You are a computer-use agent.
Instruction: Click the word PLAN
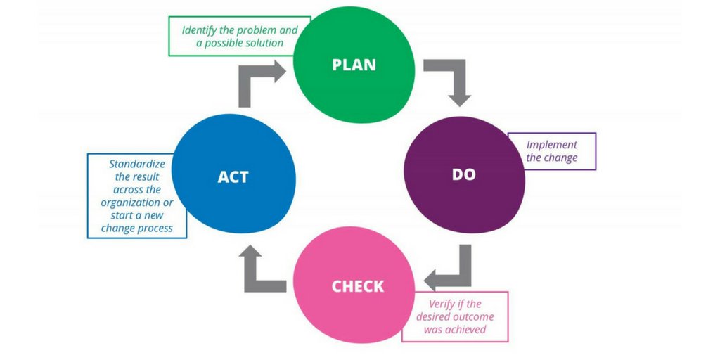pyautogui.click(x=354, y=65)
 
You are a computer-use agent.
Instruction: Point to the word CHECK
pyautogui.click(x=358, y=287)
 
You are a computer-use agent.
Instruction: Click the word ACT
pyautogui.click(x=233, y=177)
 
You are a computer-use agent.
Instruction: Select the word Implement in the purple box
pyautogui.click(x=552, y=145)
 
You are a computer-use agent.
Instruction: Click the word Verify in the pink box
pyautogui.click(x=444, y=304)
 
